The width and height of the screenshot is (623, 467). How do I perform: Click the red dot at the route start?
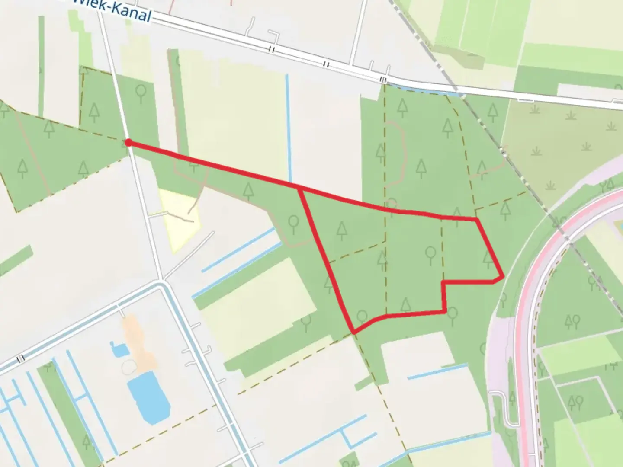click(x=128, y=142)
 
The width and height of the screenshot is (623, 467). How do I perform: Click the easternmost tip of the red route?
click(x=503, y=276)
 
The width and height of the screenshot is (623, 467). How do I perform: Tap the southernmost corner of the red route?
click(x=354, y=332)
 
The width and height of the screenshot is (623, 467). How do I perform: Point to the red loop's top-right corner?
click(x=477, y=220)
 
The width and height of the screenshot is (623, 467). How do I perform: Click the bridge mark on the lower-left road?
click(x=20, y=358)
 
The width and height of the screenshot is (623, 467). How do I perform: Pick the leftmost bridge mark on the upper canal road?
click(x=271, y=50)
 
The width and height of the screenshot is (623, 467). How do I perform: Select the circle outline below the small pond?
click(x=128, y=367)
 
